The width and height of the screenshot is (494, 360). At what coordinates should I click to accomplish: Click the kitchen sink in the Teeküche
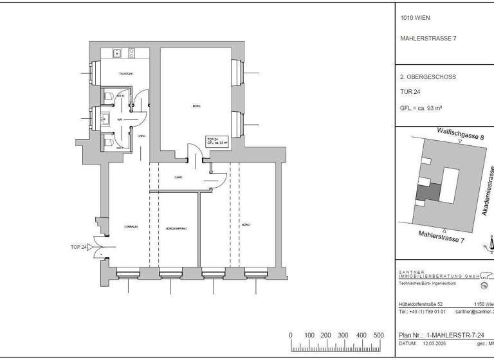(118, 53)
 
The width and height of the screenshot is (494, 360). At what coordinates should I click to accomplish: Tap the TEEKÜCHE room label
(125, 75)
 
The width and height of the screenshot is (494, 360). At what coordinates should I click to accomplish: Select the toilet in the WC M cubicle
(111, 96)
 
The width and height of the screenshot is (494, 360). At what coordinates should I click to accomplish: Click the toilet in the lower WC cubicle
(110, 141)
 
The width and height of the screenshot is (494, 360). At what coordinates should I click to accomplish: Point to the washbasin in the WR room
(104, 118)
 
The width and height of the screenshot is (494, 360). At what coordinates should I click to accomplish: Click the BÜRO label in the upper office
(196, 105)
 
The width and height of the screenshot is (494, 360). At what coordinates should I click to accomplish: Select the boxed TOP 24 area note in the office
(215, 141)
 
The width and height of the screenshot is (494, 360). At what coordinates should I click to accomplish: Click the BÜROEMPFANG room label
(176, 228)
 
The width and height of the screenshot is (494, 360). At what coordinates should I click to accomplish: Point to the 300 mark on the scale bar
(343, 336)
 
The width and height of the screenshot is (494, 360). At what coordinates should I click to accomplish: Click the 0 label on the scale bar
(291, 336)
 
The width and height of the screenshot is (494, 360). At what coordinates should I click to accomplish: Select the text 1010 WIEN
(415, 18)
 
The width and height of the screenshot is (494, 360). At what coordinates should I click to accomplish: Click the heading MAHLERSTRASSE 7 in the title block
(428, 38)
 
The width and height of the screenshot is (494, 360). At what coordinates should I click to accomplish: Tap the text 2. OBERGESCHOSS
(428, 77)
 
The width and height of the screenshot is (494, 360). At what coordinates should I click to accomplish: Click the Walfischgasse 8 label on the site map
(460, 133)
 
